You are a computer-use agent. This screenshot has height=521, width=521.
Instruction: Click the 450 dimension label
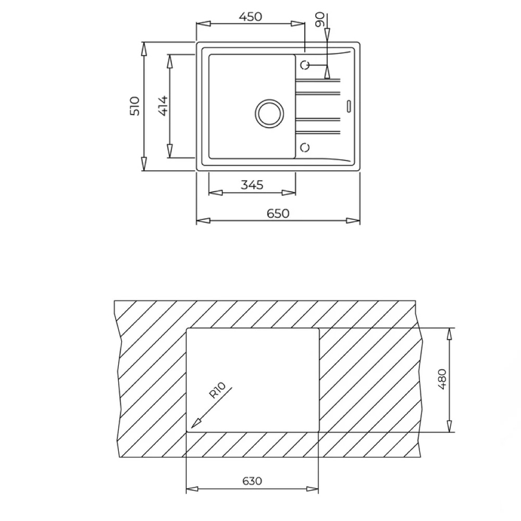coord(251,16)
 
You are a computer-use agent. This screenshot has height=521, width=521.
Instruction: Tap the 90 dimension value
coord(320,20)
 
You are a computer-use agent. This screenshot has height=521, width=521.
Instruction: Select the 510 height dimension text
coord(134,106)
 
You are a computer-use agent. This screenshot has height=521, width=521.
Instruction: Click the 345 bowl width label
coord(252,185)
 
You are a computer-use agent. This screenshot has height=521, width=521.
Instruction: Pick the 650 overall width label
coord(278,213)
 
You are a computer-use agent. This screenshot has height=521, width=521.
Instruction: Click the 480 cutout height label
coord(442,379)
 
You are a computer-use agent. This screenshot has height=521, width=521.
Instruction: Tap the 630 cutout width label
coord(252,481)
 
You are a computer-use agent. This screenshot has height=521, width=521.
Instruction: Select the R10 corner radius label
coord(217,390)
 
